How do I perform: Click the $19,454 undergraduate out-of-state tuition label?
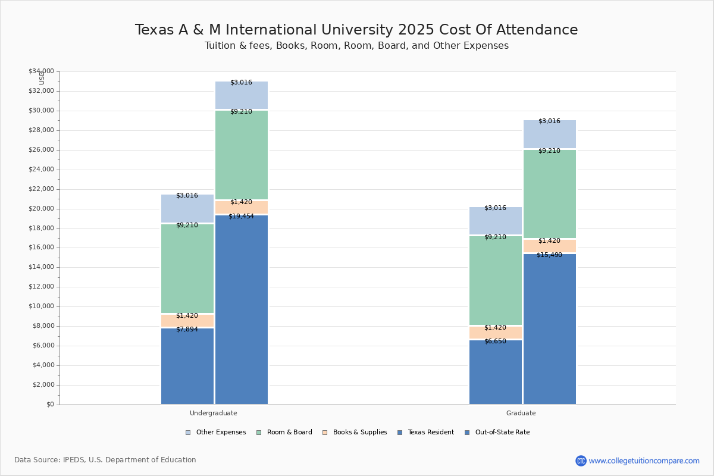[241, 217]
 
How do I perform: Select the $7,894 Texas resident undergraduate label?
[187, 330]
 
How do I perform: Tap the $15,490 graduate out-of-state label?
[549, 255]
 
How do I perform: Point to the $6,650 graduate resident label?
[495, 342]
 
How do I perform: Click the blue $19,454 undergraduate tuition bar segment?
[242, 309]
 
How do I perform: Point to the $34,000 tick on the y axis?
[41, 71]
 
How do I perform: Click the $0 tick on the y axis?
[49, 405]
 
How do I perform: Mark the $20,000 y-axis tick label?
[41, 209]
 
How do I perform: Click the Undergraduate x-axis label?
[214, 413]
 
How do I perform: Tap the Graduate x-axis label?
[521, 413]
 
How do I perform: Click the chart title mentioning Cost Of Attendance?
[356, 30]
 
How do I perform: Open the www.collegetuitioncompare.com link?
[644, 461]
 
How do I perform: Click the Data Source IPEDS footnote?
[105, 460]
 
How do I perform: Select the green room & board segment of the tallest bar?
[242, 155]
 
